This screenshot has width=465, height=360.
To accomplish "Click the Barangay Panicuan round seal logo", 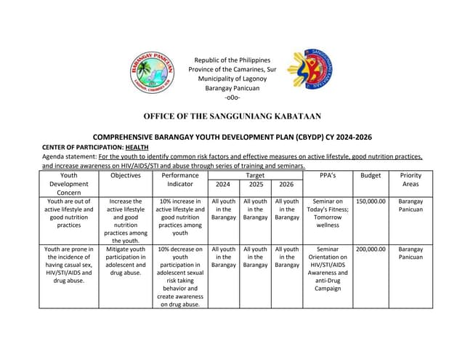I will click(153, 73).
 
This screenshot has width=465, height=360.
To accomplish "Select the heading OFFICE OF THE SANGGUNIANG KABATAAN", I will click(232, 116).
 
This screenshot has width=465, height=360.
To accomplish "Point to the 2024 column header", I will click(223, 185).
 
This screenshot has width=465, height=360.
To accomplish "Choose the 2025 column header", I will click(255, 185).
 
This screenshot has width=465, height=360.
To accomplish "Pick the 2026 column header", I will click(287, 185).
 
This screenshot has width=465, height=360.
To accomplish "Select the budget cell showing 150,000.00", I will click(371, 201).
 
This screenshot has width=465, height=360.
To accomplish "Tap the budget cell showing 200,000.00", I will click(371, 249).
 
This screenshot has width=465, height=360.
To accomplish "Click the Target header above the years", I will click(255, 175).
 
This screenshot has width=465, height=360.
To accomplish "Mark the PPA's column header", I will click(328, 175).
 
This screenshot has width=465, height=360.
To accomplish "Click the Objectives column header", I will click(126, 175).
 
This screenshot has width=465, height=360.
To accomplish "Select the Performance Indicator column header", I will click(179, 180).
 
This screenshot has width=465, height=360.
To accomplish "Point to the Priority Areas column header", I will click(411, 180).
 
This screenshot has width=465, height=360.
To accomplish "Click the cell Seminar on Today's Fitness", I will click(328, 213).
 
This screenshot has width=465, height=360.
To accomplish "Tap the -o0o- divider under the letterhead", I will click(232, 97).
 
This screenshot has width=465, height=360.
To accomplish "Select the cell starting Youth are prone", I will click(69, 264).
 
